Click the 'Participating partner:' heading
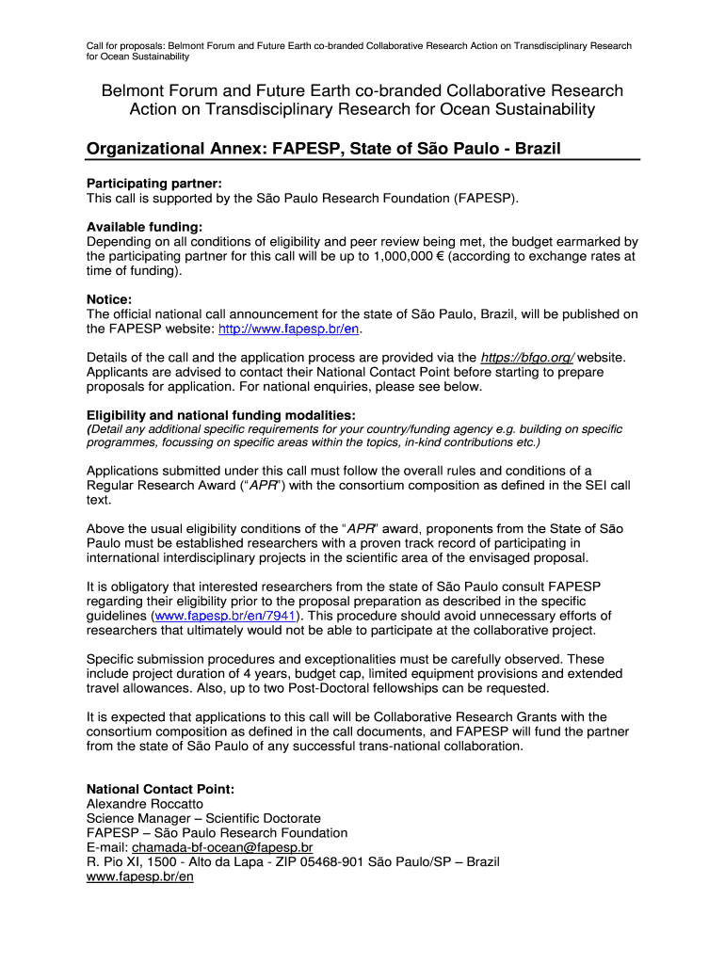click(x=154, y=183)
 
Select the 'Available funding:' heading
click(x=144, y=226)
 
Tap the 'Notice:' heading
click(x=109, y=299)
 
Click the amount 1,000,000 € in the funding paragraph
click(x=409, y=256)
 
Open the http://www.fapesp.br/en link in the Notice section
click(x=290, y=329)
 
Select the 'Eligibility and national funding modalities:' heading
click(x=221, y=415)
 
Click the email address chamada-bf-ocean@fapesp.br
click(x=222, y=847)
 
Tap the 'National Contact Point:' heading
click(x=160, y=789)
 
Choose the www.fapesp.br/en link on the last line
click(x=140, y=876)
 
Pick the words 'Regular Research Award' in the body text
click(x=164, y=486)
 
